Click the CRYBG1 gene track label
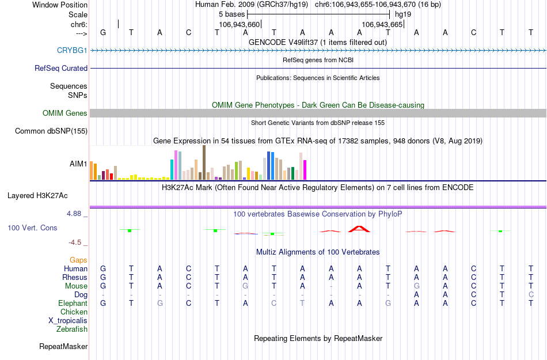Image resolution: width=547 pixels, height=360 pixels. [72, 50]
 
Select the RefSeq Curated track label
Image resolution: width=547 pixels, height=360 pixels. [61, 68]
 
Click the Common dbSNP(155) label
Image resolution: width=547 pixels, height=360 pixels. [51, 131]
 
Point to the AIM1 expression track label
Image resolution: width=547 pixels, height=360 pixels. [78, 164]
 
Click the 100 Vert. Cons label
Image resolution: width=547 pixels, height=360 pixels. [32, 228]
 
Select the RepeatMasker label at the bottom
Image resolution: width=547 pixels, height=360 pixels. [63, 347]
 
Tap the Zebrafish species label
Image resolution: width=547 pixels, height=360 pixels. [72, 329]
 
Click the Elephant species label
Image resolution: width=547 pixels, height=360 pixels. [73, 304]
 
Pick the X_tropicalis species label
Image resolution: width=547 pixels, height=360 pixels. [68, 321]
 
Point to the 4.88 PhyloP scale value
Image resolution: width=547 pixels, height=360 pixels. [75, 214]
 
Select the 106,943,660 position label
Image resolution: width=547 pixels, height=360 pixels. [240, 25]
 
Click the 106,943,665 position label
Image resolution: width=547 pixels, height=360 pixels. [382, 25]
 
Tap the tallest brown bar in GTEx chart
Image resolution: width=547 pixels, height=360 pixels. [204, 162]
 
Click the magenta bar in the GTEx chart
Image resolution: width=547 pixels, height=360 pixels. [305, 169]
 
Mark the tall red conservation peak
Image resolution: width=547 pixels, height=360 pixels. [359, 229]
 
